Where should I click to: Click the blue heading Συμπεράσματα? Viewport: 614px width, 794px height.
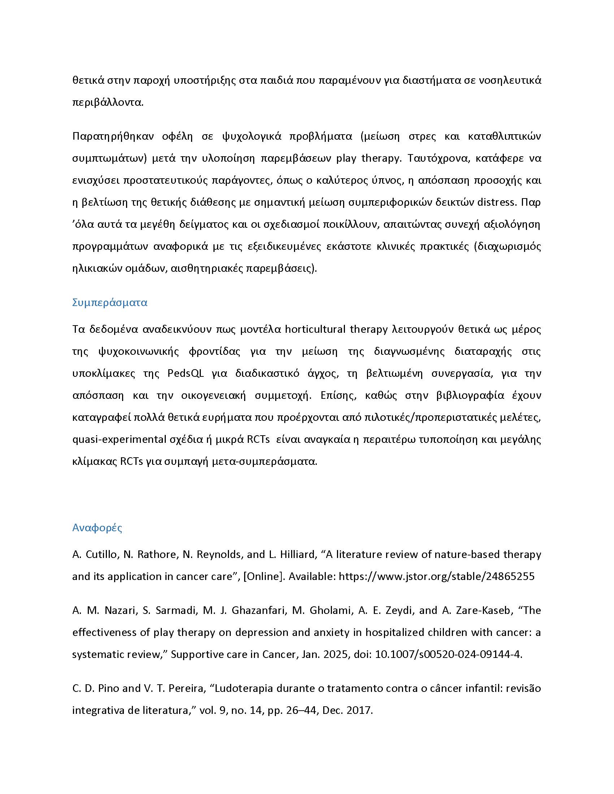(x=109, y=303)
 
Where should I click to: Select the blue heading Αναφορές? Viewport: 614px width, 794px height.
(x=97, y=528)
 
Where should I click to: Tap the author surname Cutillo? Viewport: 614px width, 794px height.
(x=101, y=554)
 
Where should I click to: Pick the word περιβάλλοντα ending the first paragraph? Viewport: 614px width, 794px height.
(x=108, y=102)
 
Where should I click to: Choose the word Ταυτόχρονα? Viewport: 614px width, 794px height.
(x=433, y=158)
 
